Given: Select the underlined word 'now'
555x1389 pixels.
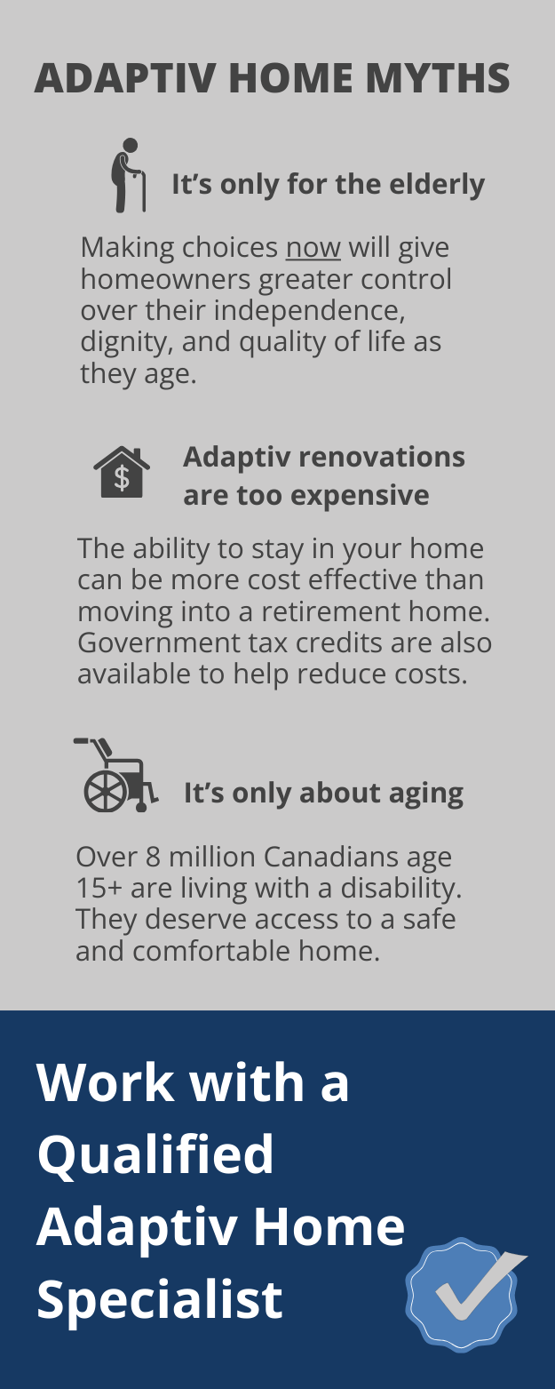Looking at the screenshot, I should tap(313, 247).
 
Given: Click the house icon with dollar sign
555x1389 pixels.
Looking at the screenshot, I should tap(122, 472).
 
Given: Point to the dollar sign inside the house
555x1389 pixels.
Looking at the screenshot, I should tap(122, 478).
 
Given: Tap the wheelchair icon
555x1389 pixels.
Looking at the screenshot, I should tap(115, 774).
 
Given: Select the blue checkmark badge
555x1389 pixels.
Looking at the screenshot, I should tap(463, 1294).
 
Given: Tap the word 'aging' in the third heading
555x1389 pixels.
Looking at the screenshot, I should tap(430, 793).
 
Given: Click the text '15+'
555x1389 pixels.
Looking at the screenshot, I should tap(99, 888).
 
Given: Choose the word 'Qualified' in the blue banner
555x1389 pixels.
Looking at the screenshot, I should tap(155, 1154).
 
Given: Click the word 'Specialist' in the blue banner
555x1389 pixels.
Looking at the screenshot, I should tap(160, 1298).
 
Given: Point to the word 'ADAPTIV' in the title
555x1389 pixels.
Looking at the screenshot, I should tap(124, 78).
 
